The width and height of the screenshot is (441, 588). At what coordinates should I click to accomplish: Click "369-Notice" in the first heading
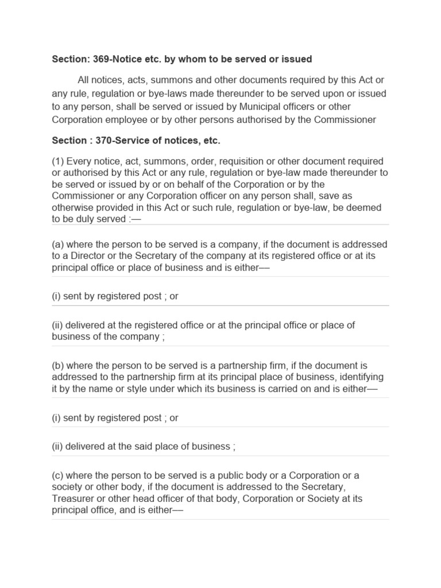click(114, 59)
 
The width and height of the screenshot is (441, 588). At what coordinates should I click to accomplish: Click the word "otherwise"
click(73, 207)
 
